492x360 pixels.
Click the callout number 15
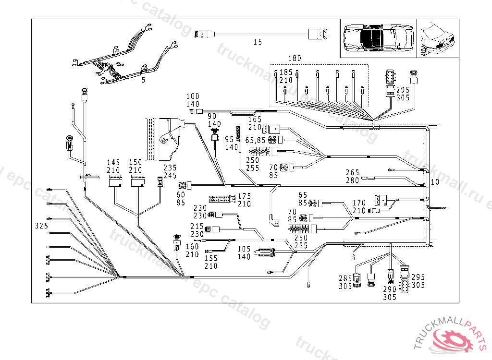click(258, 42)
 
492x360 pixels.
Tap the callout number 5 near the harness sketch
click(143, 80)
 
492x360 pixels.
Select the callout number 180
click(295, 59)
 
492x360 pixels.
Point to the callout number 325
click(41, 225)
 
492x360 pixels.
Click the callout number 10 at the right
click(434, 182)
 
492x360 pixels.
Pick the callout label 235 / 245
click(170, 171)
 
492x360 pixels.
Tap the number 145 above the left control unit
click(113, 163)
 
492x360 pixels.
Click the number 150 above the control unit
click(135, 163)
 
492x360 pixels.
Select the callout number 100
click(193, 96)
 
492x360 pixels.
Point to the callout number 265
click(353, 172)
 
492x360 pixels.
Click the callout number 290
click(390, 289)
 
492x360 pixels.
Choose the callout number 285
click(345, 278)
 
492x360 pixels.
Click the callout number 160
click(192, 247)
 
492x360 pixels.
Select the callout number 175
click(245, 196)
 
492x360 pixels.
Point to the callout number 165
click(255, 119)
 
